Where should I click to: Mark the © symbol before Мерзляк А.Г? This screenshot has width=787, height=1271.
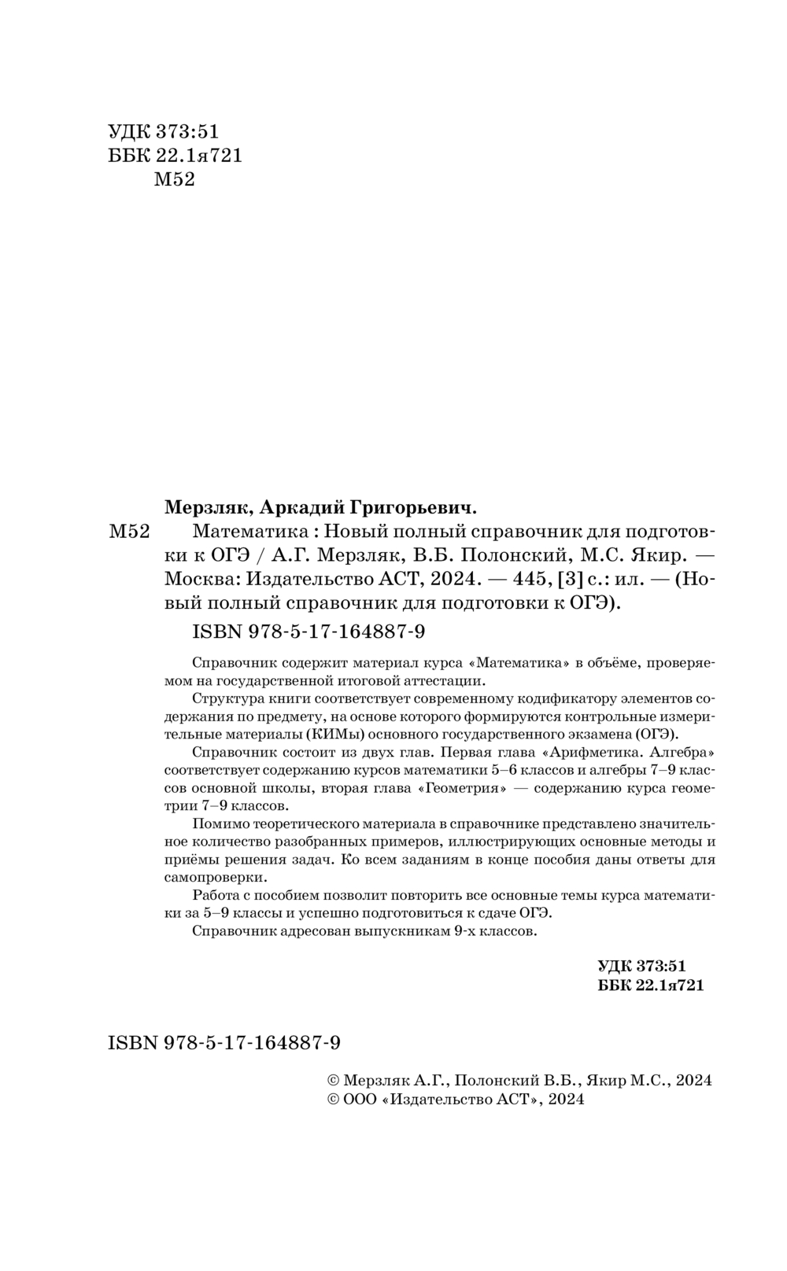click(x=332, y=1081)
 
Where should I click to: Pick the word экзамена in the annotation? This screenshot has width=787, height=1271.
click(x=600, y=733)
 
